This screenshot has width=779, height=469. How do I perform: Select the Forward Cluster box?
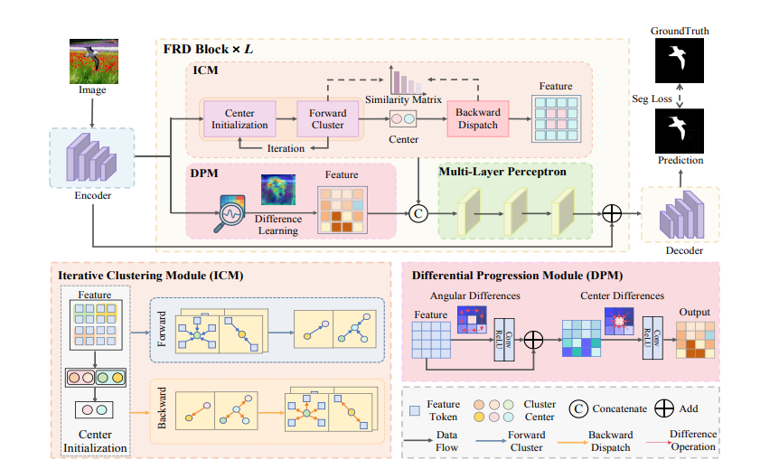tap(323, 118)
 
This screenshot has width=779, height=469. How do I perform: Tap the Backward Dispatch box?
tap(478, 118)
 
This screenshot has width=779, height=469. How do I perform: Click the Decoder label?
tap(680, 250)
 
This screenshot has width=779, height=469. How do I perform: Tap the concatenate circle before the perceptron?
tap(418, 212)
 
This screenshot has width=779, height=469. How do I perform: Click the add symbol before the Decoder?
tap(613, 212)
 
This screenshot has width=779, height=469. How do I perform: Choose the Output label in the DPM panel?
tap(694, 312)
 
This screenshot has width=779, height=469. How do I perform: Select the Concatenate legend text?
tap(619, 408)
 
